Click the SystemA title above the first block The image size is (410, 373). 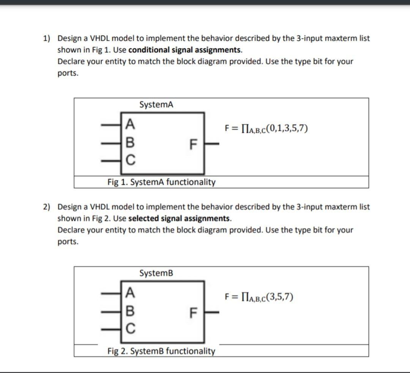pos(156,104)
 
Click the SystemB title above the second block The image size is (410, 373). pos(156,273)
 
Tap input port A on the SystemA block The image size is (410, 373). pos(130,123)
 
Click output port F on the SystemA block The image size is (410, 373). pos(193,145)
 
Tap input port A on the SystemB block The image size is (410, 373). pos(130,292)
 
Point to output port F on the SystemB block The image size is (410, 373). pos(193,313)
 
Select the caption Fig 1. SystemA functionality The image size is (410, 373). pos(161,182)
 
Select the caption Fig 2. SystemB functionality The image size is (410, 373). pos(161,351)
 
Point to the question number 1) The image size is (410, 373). pos(47,38)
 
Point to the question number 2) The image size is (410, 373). pos(47,207)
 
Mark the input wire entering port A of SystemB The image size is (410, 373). pos(112,292)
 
